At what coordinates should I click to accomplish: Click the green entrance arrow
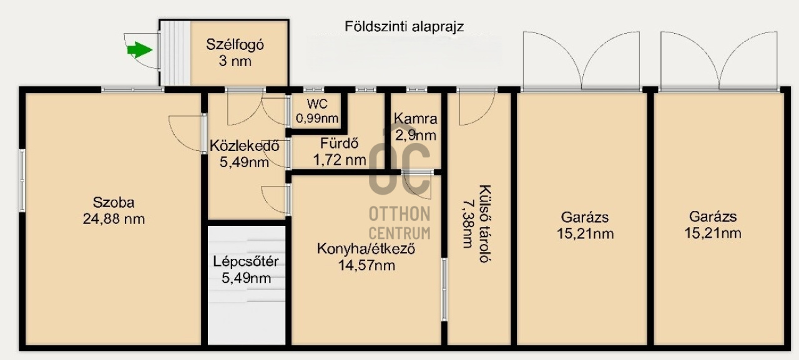(140, 50)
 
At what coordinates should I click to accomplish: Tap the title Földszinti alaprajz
(404, 26)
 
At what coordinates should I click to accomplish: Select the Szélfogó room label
(237, 45)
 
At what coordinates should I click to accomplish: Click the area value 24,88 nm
(114, 218)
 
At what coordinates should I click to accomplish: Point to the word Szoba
(114, 202)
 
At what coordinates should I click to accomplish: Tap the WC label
(317, 104)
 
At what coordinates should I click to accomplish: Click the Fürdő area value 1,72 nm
(340, 160)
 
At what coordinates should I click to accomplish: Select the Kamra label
(415, 119)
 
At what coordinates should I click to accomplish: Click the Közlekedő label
(243, 147)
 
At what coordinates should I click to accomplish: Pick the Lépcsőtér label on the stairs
(246, 261)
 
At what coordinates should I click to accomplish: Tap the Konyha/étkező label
(366, 249)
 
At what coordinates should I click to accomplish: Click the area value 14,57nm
(366, 265)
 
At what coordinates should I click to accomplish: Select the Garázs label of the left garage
(585, 218)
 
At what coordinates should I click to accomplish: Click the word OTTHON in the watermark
(399, 213)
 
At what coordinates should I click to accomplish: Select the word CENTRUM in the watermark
(399, 233)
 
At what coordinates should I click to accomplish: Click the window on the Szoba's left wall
(22, 181)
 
